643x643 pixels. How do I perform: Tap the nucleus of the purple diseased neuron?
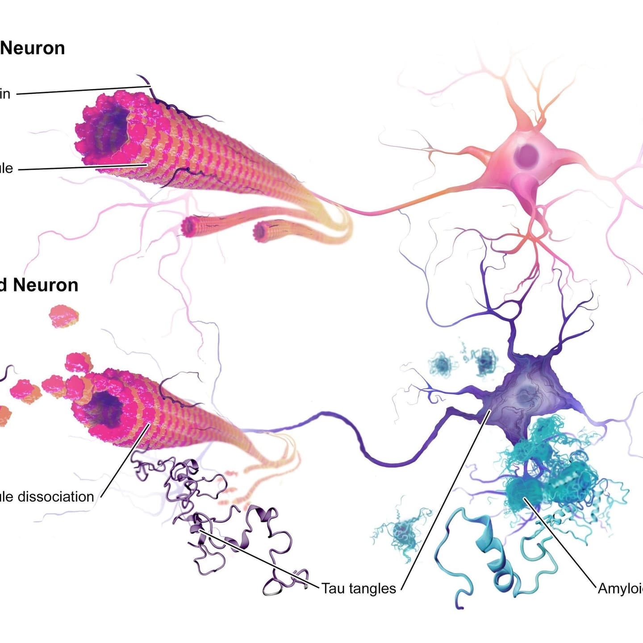[523, 395]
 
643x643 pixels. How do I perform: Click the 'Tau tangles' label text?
[359, 588]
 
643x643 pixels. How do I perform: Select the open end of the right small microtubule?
[261, 231]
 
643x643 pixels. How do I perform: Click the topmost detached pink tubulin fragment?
[64, 316]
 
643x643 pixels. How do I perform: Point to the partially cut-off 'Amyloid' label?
[621, 588]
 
